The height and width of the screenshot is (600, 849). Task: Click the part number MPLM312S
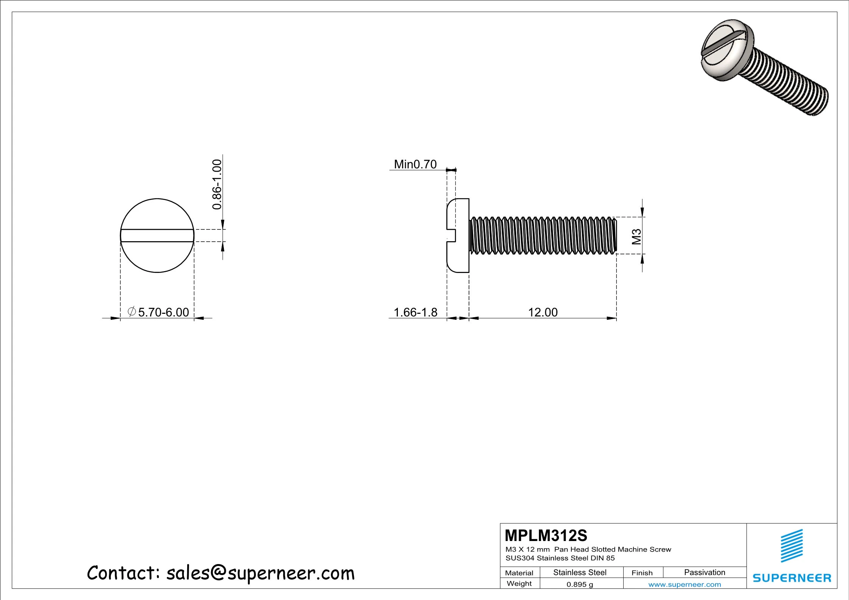[546, 535]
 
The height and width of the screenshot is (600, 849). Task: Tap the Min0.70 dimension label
[415, 164]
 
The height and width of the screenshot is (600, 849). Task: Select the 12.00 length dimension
[542, 312]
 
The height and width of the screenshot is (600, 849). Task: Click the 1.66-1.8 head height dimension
[415, 312]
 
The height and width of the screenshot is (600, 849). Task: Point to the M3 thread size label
[637, 237]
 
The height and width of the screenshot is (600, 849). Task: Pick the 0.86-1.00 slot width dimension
[217, 184]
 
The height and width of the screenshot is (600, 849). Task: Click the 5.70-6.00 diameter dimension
[163, 312]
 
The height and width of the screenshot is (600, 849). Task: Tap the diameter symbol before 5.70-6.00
[132, 312]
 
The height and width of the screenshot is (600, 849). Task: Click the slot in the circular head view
[157, 236]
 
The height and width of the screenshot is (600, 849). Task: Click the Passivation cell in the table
[704, 572]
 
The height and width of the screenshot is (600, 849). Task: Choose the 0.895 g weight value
[579, 584]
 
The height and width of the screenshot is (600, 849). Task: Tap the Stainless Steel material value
[579, 572]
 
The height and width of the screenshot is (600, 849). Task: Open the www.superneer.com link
[684, 584]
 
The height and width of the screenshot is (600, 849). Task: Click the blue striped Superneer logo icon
[792, 546]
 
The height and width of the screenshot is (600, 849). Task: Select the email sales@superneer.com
[260, 573]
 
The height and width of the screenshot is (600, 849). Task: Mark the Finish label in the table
[642, 573]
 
